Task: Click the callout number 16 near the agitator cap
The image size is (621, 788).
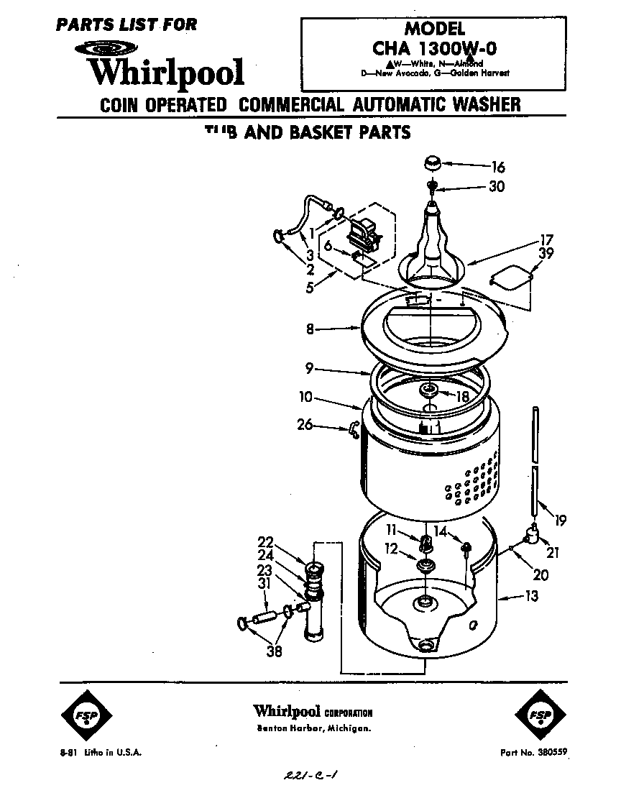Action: (498, 168)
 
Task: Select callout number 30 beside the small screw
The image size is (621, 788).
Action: (496, 187)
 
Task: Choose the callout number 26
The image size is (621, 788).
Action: (305, 425)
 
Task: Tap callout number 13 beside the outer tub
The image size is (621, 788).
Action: (531, 596)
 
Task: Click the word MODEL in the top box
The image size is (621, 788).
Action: (435, 29)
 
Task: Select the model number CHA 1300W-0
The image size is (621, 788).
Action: (435, 50)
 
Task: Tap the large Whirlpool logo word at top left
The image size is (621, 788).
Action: (165, 73)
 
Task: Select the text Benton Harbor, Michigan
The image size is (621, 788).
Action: (314, 729)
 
